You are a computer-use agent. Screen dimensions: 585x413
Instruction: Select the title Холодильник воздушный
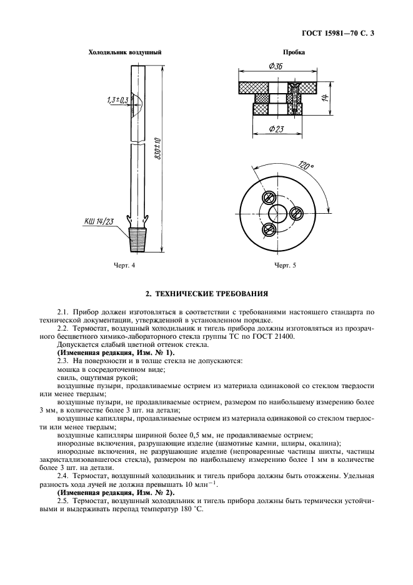pos(125,52)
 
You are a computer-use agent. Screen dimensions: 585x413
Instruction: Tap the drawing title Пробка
pos(293,52)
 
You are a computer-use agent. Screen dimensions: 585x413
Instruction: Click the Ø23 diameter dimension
pos(277,129)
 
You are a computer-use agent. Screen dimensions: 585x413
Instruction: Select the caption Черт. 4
pos(124,266)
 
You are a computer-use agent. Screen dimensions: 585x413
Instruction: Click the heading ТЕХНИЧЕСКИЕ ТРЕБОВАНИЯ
pos(207,292)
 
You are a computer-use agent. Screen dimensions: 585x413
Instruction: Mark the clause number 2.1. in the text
pos(62,311)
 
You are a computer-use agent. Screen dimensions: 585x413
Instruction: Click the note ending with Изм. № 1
pos(107,353)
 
